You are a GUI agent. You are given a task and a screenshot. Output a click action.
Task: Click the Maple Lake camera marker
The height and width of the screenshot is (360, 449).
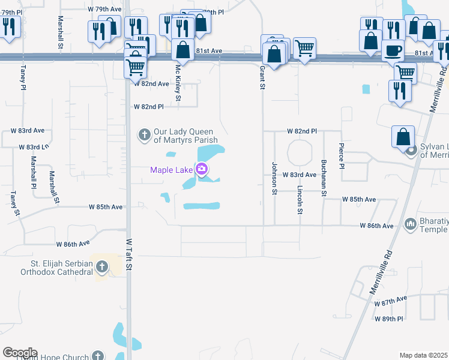point(202,170)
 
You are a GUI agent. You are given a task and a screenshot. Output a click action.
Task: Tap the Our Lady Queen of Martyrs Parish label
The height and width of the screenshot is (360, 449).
point(185,136)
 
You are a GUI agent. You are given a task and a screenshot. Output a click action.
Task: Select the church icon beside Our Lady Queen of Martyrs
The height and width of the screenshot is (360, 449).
point(144,134)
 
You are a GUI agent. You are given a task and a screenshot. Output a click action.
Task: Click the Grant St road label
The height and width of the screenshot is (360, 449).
point(262,77)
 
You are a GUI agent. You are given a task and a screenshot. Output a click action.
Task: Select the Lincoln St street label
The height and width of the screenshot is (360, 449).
point(300,199)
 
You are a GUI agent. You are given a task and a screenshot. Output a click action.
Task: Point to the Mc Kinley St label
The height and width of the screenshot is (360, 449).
point(178,82)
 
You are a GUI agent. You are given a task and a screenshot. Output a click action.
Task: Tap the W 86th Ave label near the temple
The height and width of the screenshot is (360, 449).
point(376,226)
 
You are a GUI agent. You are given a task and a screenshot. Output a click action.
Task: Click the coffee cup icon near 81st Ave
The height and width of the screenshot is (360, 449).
point(393,50)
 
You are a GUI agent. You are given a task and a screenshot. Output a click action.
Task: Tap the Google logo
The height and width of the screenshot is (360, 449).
point(20,353)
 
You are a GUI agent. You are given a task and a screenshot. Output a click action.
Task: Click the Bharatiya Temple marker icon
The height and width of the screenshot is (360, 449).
point(411,224)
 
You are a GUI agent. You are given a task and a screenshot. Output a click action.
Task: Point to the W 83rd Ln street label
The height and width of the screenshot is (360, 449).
point(34,146)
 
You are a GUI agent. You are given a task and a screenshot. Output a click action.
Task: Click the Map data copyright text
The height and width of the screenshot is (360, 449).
point(423,355)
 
